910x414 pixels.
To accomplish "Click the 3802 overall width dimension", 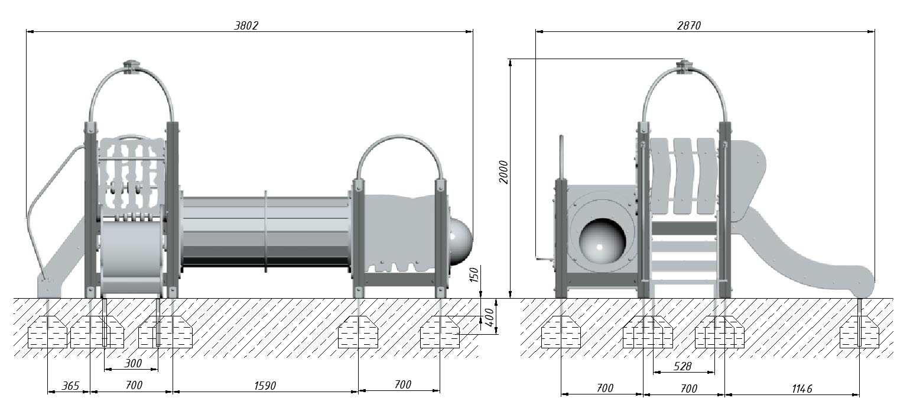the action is [x=246, y=25].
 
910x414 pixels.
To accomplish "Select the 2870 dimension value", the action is [x=689, y=25].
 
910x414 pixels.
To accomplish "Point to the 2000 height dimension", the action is [x=503, y=172].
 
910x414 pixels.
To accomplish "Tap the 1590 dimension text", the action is [x=265, y=386].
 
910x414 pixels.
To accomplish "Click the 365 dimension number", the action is [x=70, y=386].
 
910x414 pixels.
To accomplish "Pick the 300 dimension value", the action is [x=133, y=363].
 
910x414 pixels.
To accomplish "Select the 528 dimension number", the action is [x=682, y=367].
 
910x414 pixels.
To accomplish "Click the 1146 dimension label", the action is [x=802, y=389].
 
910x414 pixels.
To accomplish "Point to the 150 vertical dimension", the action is [x=474, y=275].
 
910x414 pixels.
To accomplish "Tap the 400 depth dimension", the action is [x=489, y=318].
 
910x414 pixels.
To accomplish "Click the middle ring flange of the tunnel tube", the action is [x=266, y=231].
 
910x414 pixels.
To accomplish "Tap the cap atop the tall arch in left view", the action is [x=131, y=66].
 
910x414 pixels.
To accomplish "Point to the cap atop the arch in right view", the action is [x=684, y=66].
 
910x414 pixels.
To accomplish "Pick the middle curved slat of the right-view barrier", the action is [x=682, y=176].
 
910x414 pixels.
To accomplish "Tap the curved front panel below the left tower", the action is [x=132, y=256].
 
